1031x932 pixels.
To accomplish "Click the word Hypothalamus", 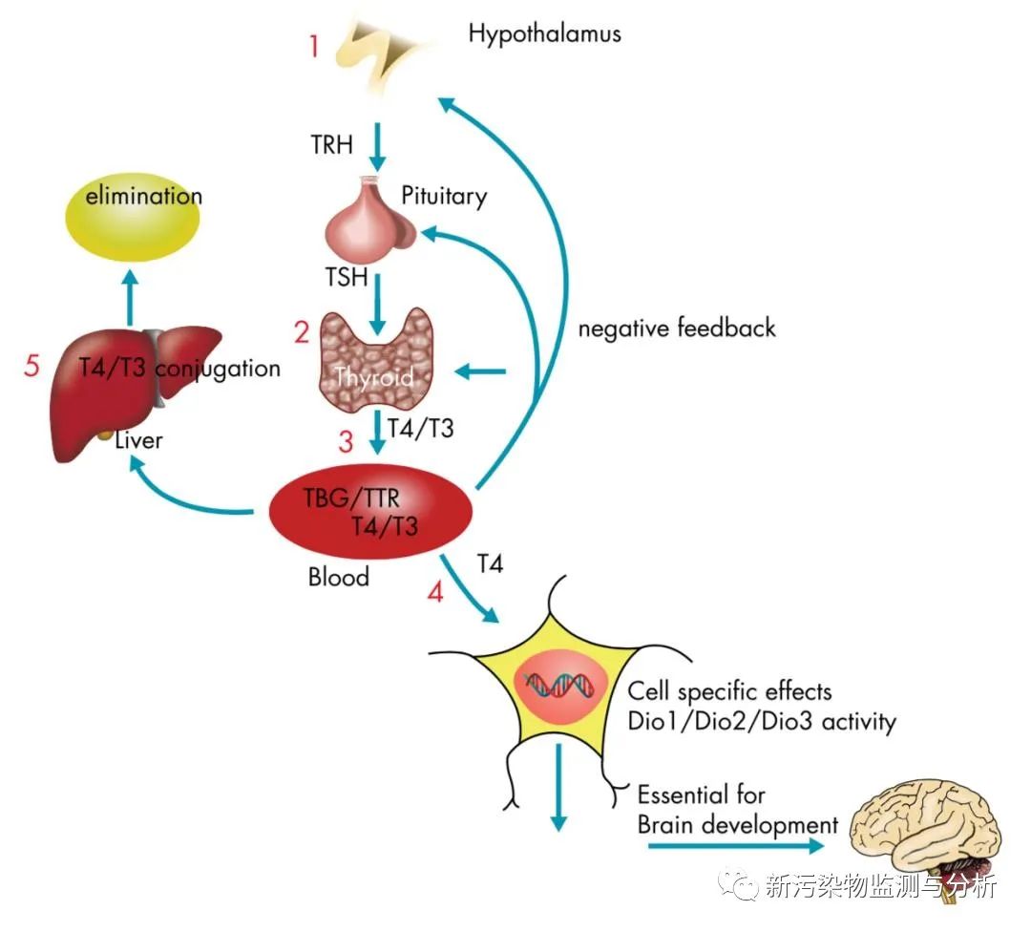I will (x=544, y=34).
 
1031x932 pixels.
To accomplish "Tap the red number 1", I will (x=314, y=46).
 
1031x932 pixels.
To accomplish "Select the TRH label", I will (x=330, y=145).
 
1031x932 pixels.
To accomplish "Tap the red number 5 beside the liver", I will (x=33, y=367).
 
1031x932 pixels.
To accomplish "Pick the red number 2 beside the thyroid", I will (x=302, y=333).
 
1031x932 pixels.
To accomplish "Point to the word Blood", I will (x=338, y=577).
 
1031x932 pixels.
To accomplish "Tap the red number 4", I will (x=435, y=592).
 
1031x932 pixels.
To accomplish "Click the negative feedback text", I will (x=677, y=328).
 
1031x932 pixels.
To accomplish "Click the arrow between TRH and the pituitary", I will (x=376, y=145).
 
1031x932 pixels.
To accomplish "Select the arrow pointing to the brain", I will (x=735, y=845).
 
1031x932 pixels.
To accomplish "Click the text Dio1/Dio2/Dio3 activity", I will (x=762, y=721).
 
